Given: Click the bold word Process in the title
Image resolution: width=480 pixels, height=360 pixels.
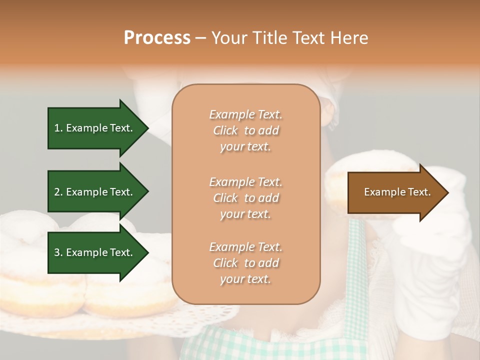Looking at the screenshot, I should click(x=157, y=38).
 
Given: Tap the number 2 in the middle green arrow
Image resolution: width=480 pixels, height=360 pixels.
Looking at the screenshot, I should click(x=57, y=192).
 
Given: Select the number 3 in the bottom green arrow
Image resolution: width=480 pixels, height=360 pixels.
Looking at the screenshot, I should click(x=57, y=252).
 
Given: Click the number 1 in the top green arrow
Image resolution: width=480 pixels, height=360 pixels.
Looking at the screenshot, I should click(x=56, y=128).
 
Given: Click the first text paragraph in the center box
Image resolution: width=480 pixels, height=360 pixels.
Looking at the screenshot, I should click(x=245, y=130).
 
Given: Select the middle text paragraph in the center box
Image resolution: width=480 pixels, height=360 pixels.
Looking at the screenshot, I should click(x=245, y=198).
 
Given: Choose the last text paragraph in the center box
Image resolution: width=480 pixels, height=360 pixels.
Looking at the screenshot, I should click(x=245, y=263).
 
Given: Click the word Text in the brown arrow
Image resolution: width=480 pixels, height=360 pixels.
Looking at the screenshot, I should click(x=419, y=192).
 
